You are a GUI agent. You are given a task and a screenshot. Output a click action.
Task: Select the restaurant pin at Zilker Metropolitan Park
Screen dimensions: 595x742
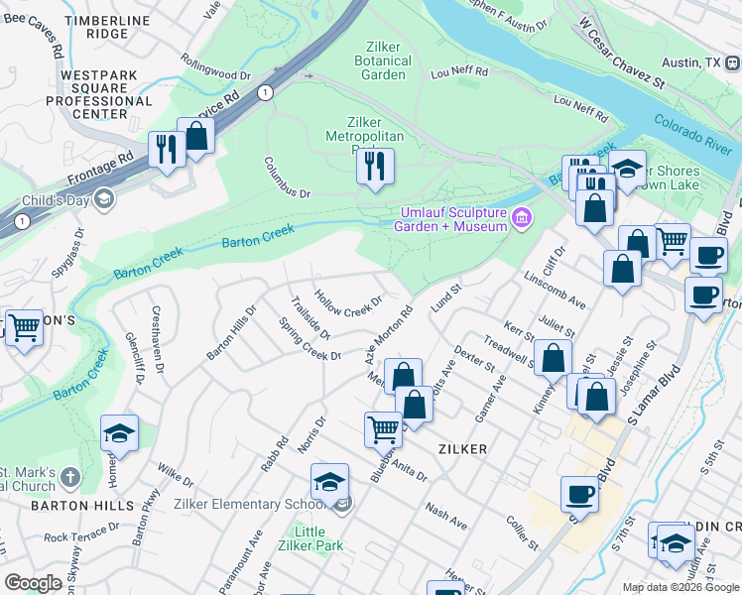[x=375, y=167]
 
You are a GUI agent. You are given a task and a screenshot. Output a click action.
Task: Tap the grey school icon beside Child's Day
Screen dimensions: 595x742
[x=103, y=200]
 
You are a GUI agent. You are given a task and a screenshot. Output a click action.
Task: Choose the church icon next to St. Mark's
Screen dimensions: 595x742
[x=69, y=478]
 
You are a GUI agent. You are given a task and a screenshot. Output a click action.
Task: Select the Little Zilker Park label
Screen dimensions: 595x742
[x=310, y=539]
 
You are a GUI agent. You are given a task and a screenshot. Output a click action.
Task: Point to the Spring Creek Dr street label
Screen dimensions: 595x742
[x=309, y=339]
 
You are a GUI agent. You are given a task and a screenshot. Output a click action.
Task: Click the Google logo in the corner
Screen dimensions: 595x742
[x=33, y=583]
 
